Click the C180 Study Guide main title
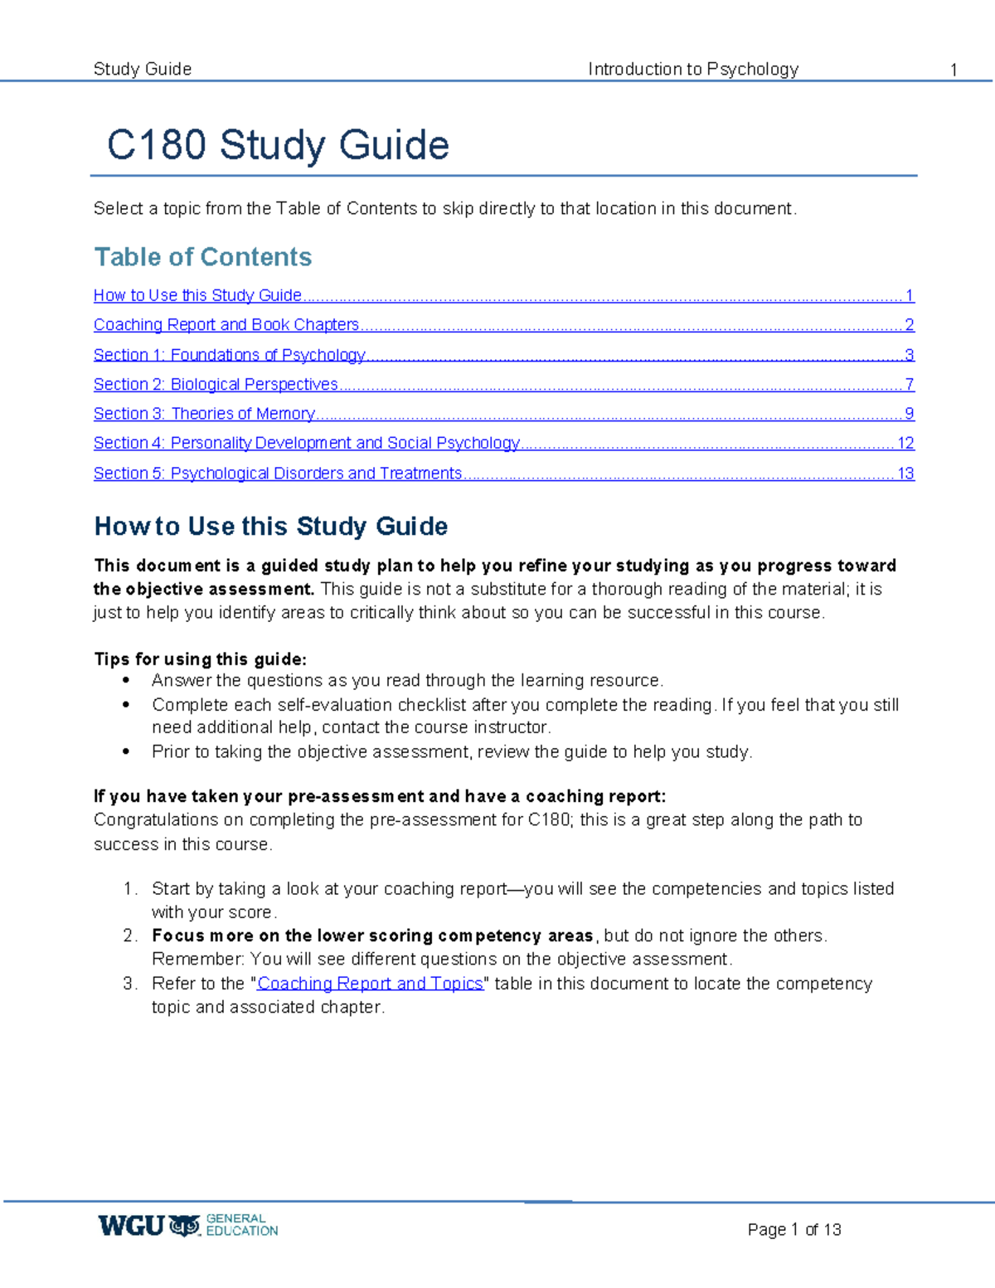tap(278, 145)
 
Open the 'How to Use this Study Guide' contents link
tap(197, 295)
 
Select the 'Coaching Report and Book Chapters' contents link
tap(226, 324)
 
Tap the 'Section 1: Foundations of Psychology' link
tap(229, 355)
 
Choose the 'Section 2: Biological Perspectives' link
tap(216, 384)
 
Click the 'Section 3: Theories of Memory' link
tap(204, 413)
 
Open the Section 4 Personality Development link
tap(306, 443)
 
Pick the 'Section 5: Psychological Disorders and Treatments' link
tap(277, 473)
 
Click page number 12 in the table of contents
tap(905, 443)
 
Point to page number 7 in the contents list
tap(910, 384)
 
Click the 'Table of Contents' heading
tap(203, 257)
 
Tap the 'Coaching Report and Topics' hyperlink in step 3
tap(370, 984)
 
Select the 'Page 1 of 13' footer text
tap(794, 1229)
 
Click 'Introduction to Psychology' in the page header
tap(693, 69)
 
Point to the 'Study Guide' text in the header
tap(143, 69)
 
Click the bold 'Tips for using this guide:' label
tap(200, 659)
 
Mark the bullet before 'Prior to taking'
tap(126, 751)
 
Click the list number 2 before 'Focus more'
tap(129, 936)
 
